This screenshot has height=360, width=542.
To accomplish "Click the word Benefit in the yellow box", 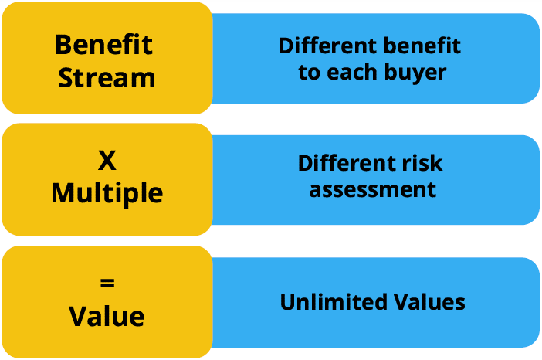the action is (x=104, y=44).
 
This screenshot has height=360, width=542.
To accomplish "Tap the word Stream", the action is (x=107, y=77).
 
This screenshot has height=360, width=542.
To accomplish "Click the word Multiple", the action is (x=107, y=193).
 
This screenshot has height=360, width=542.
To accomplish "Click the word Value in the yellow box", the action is (x=107, y=316).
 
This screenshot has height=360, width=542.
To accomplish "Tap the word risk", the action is (x=422, y=164).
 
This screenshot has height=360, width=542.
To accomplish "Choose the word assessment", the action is (x=372, y=189).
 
